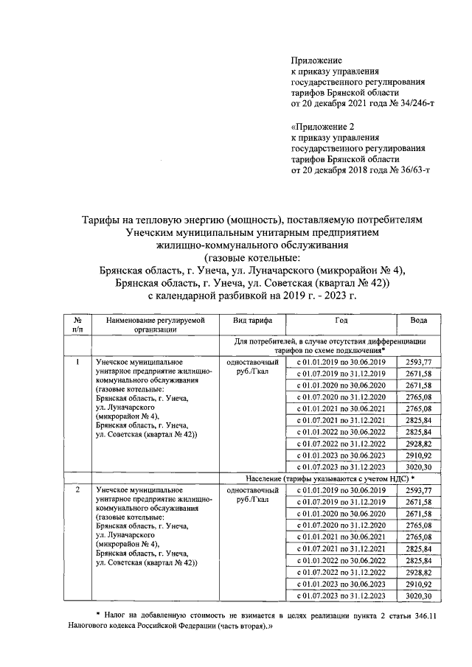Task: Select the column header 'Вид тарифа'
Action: pyautogui.click(x=252, y=321)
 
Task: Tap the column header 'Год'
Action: pyautogui.click(x=341, y=321)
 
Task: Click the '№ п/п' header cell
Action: pyautogui.click(x=77, y=326)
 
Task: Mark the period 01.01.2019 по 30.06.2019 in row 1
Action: pyautogui.click(x=341, y=363)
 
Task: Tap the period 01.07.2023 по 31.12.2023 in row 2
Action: pyautogui.click(x=341, y=596)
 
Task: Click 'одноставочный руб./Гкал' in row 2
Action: pyautogui.click(x=252, y=495)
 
